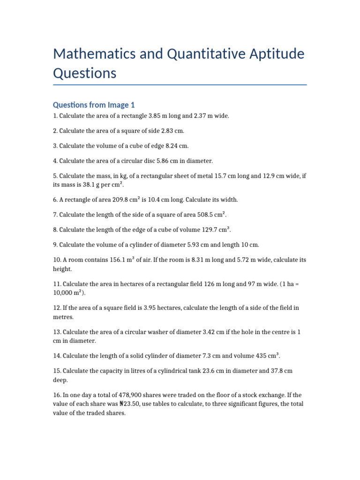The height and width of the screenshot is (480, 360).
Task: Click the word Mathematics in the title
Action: [x=94, y=54]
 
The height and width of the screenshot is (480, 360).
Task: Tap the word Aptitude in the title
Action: [x=271, y=54]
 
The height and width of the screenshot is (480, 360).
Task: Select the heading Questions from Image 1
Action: [x=94, y=105]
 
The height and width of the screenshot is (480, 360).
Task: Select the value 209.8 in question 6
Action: [x=105, y=200]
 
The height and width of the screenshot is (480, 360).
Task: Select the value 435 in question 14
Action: [x=257, y=356]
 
